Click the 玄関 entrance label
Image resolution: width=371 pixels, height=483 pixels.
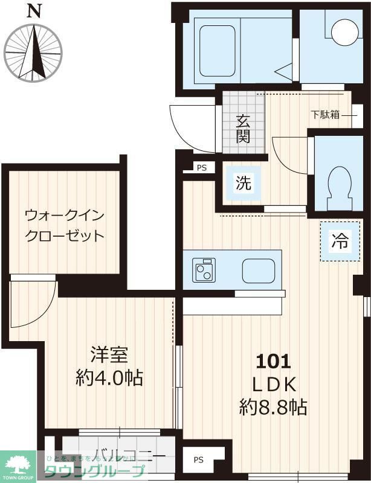(x=243, y=128)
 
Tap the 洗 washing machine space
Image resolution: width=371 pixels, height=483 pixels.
(x=244, y=182)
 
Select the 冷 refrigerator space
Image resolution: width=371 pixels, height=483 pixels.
(x=340, y=241)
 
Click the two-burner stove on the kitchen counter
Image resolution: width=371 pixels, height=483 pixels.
(x=204, y=269)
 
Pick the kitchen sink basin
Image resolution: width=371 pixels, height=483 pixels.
(x=259, y=270)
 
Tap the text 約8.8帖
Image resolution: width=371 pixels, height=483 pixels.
(x=273, y=406)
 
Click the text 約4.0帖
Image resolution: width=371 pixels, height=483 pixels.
(x=109, y=378)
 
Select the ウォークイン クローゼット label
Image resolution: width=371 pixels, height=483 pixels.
(x=65, y=225)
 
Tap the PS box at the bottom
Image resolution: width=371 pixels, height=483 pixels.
(x=199, y=460)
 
